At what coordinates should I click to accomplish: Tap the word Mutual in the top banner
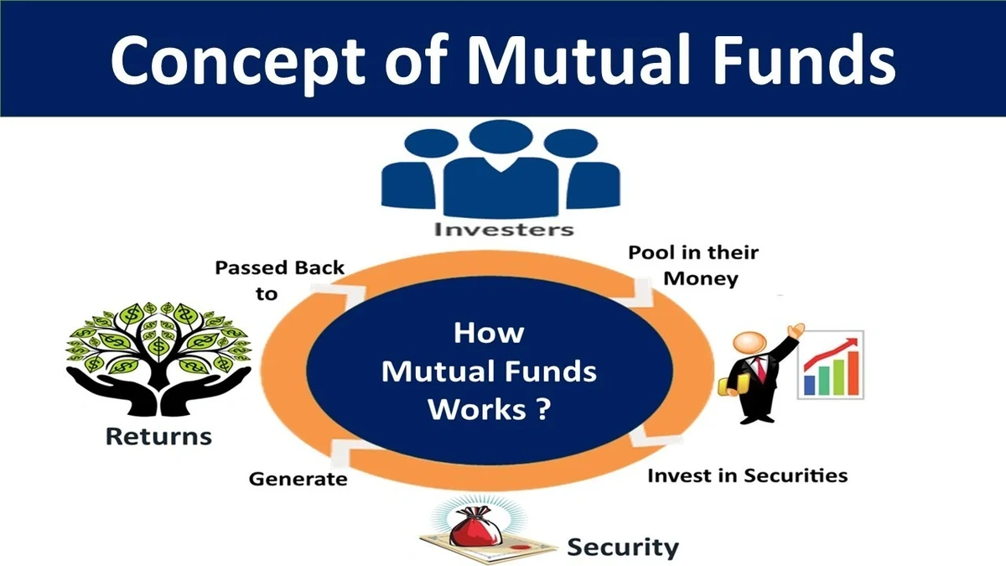click(578, 58)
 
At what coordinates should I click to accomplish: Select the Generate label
click(298, 480)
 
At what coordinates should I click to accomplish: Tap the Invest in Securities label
click(747, 475)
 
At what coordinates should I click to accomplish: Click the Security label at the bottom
click(622, 548)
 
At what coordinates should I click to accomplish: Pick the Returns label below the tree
click(158, 437)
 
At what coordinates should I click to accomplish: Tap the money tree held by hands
click(158, 352)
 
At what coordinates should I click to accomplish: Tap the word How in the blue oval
click(489, 332)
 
